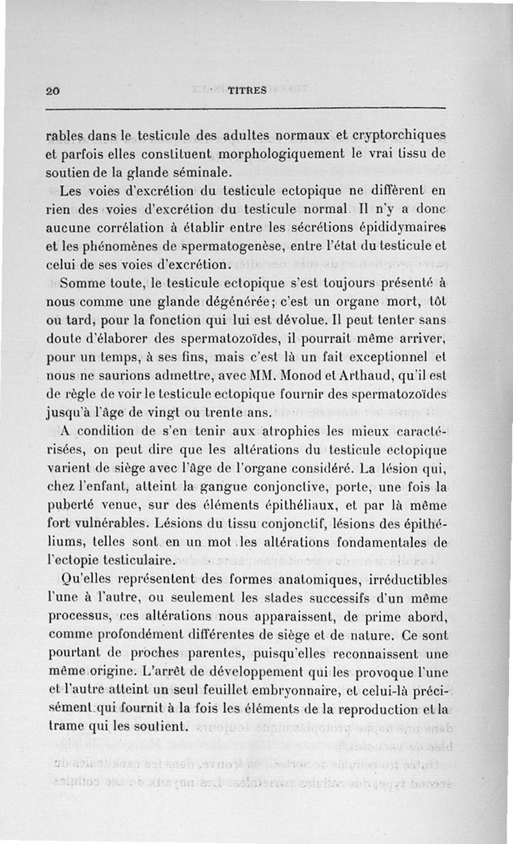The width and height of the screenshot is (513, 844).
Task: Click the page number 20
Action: pyautogui.click(x=53, y=91)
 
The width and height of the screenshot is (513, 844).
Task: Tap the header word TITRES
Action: pyautogui.click(x=247, y=91)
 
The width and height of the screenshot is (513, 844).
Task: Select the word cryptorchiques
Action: pyautogui.click(x=395, y=136)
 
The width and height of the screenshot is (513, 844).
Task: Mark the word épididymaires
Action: pyautogui.click(x=403, y=227)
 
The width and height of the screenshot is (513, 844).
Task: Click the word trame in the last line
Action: pyautogui.click(x=67, y=728)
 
